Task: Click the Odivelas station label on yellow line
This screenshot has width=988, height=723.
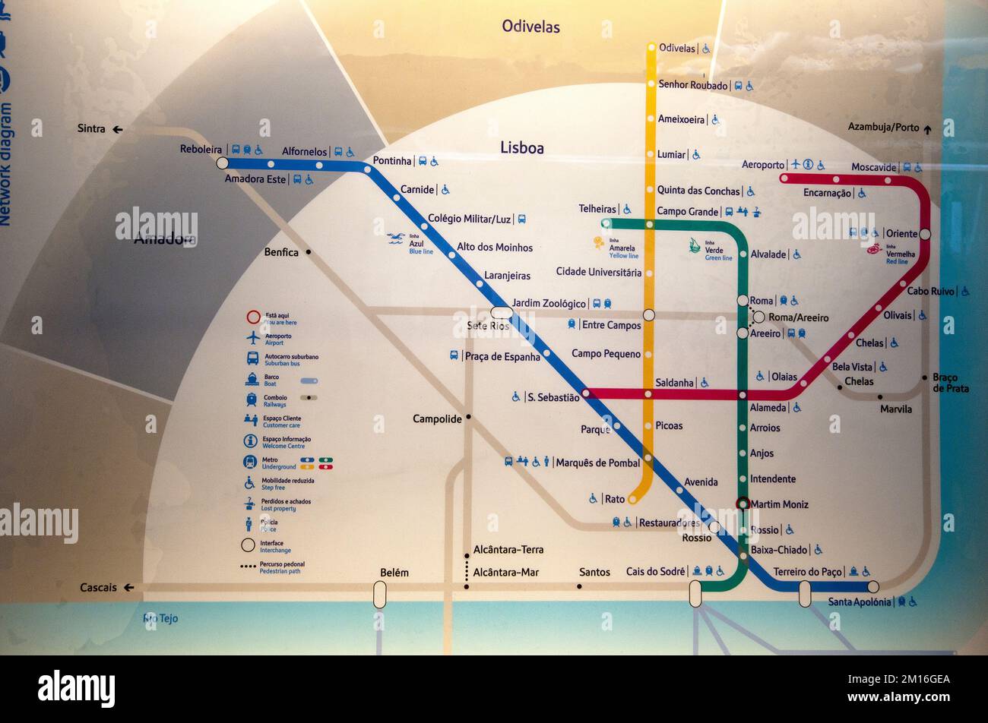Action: click(676, 48)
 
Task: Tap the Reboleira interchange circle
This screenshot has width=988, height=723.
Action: click(222, 163)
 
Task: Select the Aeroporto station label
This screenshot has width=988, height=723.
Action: click(762, 165)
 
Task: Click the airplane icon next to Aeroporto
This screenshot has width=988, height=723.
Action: click(795, 164)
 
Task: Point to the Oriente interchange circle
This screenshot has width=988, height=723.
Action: click(925, 234)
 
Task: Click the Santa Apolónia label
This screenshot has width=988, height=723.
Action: click(859, 602)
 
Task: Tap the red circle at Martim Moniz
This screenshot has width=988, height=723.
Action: click(743, 504)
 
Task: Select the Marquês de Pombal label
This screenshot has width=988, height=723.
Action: click(597, 463)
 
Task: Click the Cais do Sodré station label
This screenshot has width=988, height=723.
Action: click(656, 571)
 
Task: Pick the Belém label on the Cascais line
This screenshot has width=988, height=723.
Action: click(394, 573)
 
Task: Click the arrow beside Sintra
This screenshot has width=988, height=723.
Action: click(118, 129)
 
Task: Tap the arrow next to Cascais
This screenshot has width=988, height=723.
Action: click(128, 587)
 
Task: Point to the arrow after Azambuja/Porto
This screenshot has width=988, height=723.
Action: click(927, 129)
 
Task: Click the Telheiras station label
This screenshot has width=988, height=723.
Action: click(597, 209)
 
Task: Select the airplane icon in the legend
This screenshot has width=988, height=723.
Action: click(252, 337)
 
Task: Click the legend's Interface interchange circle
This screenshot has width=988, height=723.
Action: click(248, 545)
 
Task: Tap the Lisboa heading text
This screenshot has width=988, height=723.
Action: click(521, 148)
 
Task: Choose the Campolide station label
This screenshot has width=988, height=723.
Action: click(437, 418)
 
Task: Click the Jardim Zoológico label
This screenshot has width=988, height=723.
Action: click(549, 304)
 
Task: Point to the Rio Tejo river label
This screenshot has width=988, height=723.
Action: click(160, 618)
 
